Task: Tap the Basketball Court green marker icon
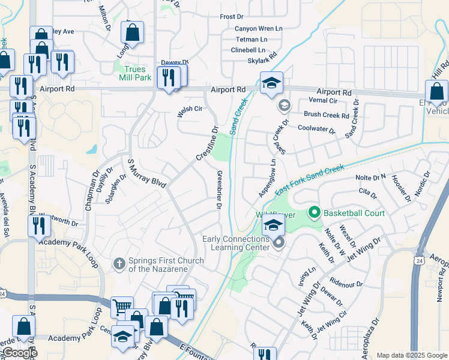tap(313, 212)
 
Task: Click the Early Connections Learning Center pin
tap(278, 243)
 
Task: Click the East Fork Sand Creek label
tap(309, 179)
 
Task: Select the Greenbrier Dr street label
tap(219, 190)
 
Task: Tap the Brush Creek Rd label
tap(326, 115)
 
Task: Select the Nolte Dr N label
tap(370, 177)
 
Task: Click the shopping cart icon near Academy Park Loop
tap(122, 307)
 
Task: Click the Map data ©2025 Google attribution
tap(411, 355)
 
